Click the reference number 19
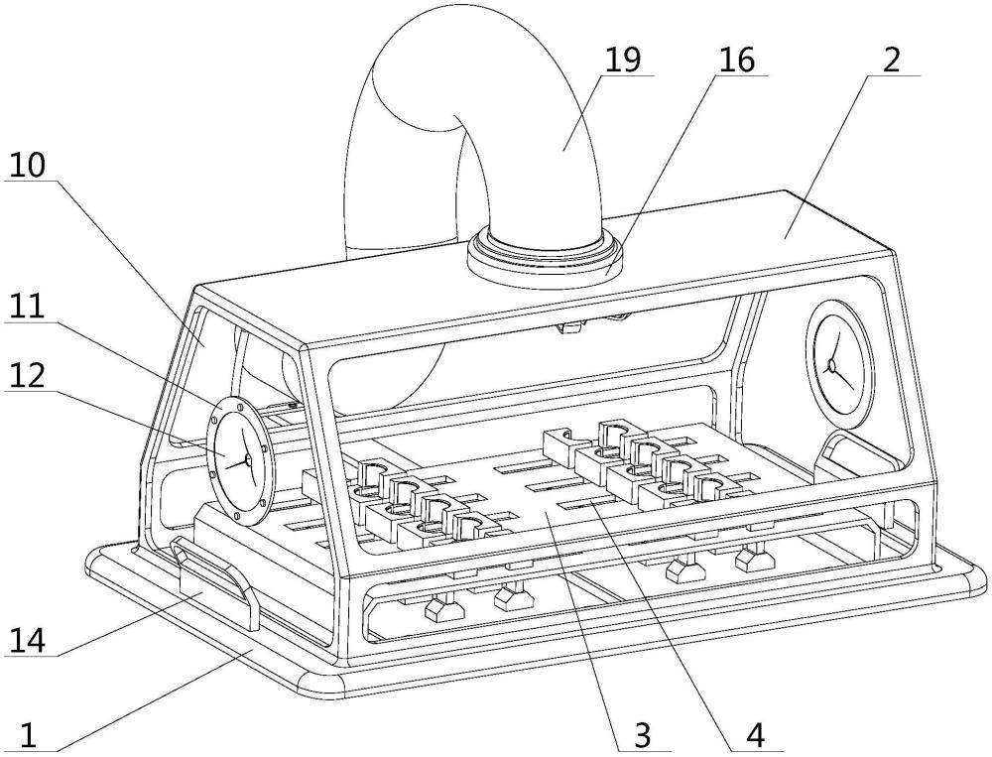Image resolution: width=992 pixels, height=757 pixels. pyautogui.click(x=623, y=60)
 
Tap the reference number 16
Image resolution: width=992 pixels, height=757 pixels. pyautogui.click(x=737, y=60)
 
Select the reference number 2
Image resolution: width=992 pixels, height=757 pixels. pyautogui.click(x=892, y=60)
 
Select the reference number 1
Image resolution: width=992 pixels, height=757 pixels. pyautogui.click(x=29, y=735)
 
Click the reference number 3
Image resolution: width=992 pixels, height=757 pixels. pyautogui.click(x=642, y=735)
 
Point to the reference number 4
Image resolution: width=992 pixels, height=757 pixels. pyautogui.click(x=756, y=735)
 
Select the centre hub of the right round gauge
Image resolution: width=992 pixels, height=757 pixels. pyautogui.click(x=832, y=366)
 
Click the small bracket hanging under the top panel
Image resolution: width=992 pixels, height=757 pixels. pyautogui.click(x=572, y=326)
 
